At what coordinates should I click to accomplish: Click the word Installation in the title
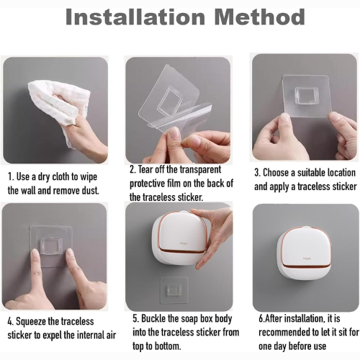pos(135,17)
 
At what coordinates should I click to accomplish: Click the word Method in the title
pos(259,17)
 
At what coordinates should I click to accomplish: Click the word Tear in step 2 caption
pos(145,169)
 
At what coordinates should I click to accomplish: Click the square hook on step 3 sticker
pos(307,96)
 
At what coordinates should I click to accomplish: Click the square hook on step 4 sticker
pos(52,246)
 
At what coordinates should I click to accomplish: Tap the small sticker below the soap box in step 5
pos(174,290)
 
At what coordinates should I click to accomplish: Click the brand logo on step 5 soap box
pos(184,243)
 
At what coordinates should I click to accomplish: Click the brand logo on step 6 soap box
pos(307,258)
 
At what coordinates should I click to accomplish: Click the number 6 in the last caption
pos(261,319)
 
